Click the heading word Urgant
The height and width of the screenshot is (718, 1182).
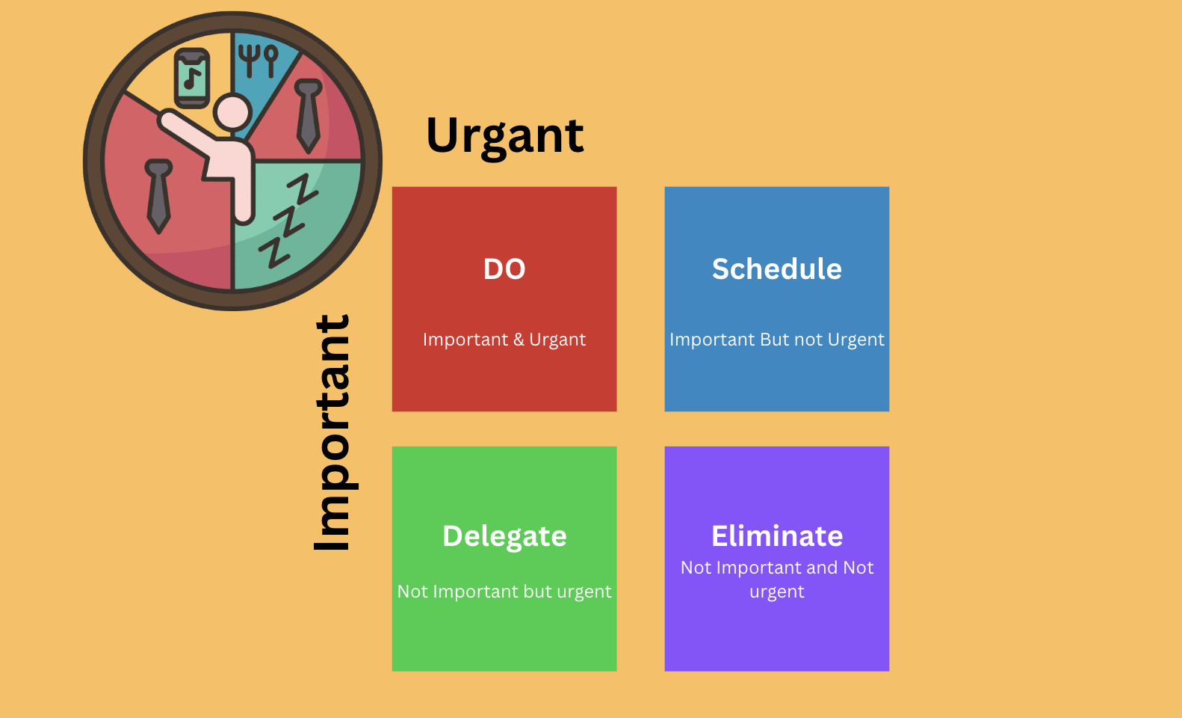504,136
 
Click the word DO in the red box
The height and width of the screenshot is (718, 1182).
504,269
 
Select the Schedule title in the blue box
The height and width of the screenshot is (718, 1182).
777,269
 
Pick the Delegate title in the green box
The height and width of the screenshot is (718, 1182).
504,536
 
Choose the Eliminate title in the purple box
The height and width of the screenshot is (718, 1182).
777,536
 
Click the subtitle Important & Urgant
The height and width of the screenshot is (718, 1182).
504,340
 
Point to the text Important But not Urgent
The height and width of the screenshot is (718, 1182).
777,340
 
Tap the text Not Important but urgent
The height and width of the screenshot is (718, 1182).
504,591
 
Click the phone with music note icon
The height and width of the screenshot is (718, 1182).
192,79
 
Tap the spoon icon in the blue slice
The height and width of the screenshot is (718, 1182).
271,61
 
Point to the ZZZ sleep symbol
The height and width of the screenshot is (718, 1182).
288,221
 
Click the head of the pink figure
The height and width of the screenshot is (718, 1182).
232,112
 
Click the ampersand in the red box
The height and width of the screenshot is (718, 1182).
519,340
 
